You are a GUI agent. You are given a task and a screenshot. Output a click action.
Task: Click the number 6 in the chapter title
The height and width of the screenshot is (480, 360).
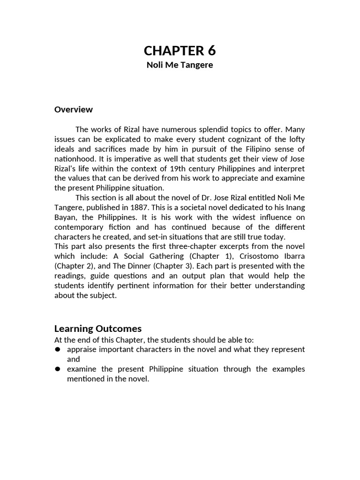[210, 51]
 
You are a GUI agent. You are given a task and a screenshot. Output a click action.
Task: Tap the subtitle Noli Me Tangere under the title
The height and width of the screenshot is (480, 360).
[180, 65]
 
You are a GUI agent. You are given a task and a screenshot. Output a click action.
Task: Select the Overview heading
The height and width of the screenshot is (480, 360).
[74, 110]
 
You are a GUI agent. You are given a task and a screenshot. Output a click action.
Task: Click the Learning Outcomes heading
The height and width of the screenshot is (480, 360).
[98, 329]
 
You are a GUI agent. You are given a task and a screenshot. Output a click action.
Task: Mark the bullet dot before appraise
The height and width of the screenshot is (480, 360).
[58, 349]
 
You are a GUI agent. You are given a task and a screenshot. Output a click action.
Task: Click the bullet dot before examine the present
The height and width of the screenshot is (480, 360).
[58, 369]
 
